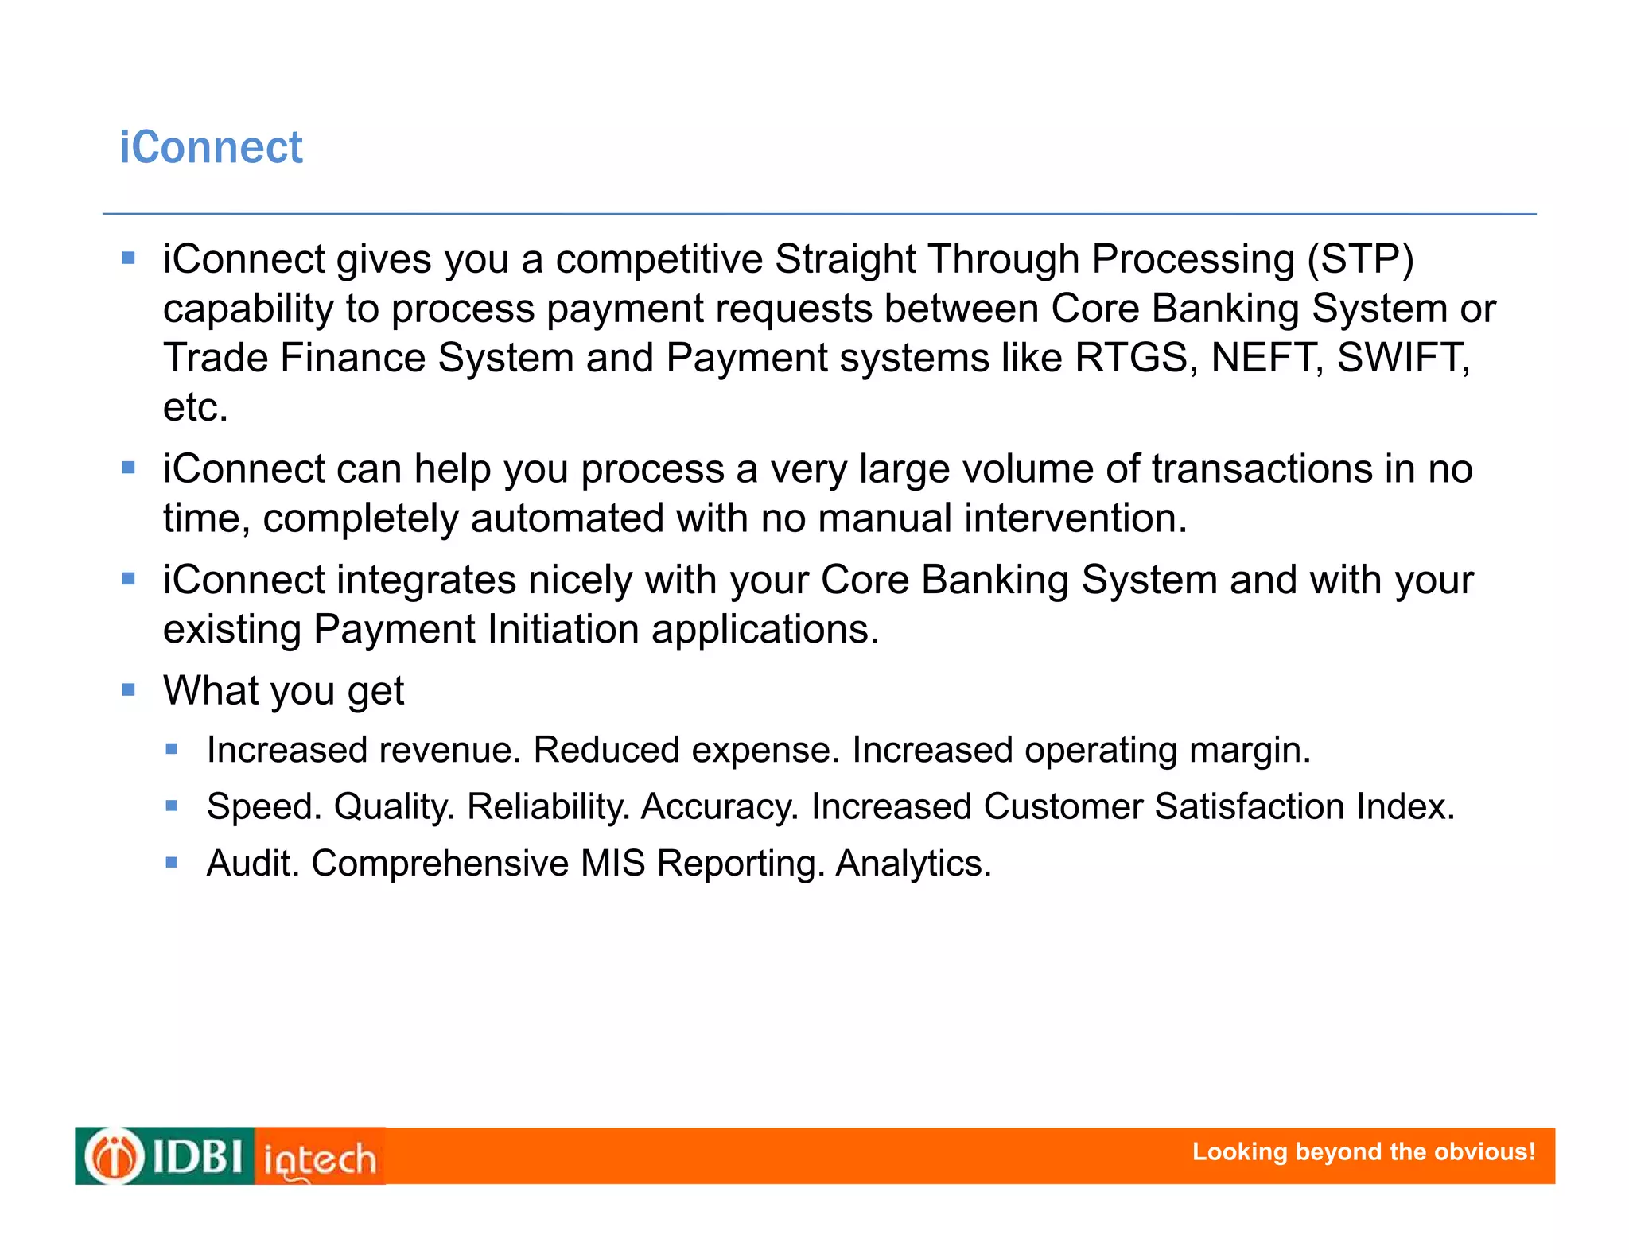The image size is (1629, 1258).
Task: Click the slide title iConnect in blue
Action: (211, 148)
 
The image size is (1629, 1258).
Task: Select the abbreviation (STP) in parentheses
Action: (1360, 259)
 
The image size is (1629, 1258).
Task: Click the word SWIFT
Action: (1403, 358)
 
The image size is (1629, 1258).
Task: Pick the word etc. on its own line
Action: (196, 407)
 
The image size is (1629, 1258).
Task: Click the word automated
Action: (566, 518)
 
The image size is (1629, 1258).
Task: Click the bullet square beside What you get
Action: (129, 689)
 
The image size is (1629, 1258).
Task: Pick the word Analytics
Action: (913, 864)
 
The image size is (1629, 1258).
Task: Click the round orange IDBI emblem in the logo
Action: (115, 1156)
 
